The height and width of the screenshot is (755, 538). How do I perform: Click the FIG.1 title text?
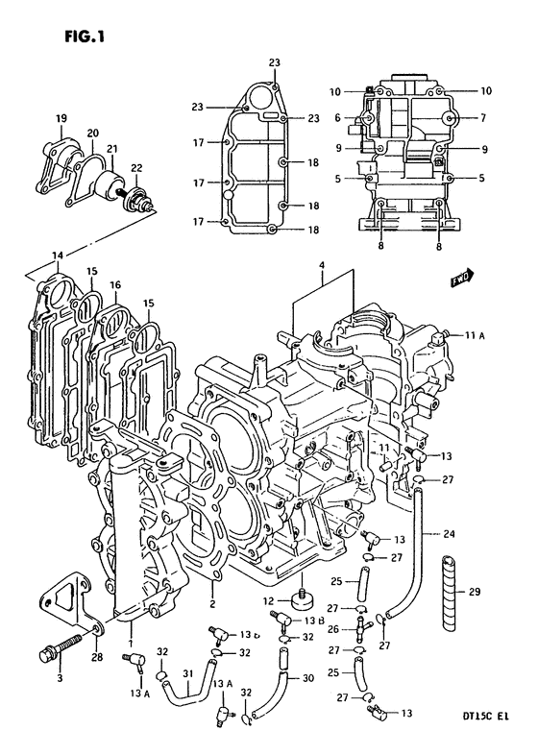85,37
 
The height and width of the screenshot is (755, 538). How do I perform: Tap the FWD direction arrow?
463,279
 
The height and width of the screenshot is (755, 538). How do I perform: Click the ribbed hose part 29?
451,592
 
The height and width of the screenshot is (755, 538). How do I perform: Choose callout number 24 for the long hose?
449,533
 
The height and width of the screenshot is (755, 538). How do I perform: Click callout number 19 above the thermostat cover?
61,118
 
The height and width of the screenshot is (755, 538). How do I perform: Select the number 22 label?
136,167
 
